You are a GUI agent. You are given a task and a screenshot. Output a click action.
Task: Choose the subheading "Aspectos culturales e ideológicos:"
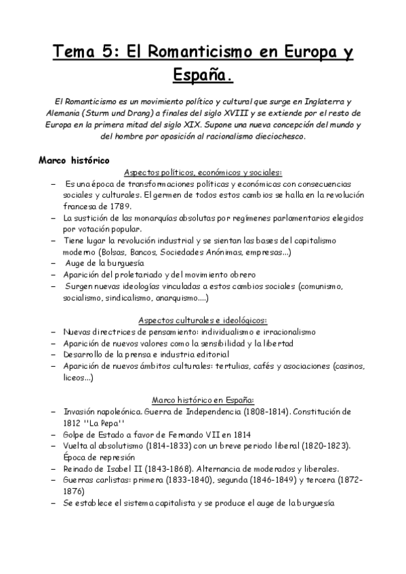203,319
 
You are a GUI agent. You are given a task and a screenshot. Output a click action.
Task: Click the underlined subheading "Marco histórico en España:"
203,399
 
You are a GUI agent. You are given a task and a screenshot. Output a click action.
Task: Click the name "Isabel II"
119,469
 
